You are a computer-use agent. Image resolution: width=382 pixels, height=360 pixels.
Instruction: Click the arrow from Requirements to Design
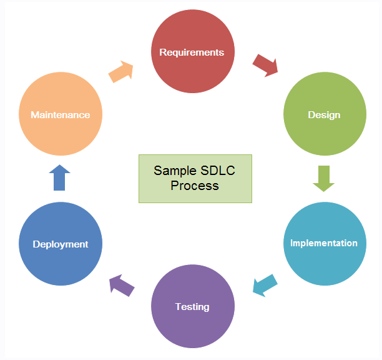pyautogui.click(x=265, y=65)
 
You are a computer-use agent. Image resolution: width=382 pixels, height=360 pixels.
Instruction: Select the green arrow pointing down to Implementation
pyautogui.click(x=323, y=178)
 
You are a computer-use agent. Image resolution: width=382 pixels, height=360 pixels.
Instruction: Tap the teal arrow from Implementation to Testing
pyautogui.click(x=265, y=284)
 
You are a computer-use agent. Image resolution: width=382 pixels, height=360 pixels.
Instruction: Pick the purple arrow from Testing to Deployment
pyautogui.click(x=122, y=286)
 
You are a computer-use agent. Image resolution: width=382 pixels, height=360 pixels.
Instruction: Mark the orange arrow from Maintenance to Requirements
pyautogui.click(x=121, y=71)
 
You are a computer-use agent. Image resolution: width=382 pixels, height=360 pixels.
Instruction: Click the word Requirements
pyautogui.click(x=192, y=52)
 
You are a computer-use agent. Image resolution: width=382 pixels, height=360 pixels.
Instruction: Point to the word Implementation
pyautogui.click(x=324, y=243)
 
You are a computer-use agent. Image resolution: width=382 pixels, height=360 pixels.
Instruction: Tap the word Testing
pyautogui.click(x=192, y=307)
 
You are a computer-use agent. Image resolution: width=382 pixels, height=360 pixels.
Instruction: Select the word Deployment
pyautogui.click(x=60, y=244)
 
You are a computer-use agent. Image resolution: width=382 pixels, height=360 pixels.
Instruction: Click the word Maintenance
pyautogui.click(x=60, y=115)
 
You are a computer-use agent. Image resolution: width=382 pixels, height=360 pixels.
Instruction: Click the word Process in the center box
pyautogui.click(x=195, y=186)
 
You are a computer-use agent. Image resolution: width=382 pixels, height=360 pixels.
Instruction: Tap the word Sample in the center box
pyautogui.click(x=174, y=171)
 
